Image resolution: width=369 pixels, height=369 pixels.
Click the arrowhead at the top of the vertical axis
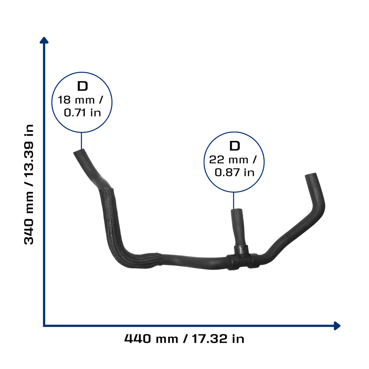[x=44, y=40]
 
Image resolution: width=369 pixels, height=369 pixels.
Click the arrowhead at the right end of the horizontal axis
[x=337, y=326]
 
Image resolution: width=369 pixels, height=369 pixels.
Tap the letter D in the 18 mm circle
[x=83, y=86]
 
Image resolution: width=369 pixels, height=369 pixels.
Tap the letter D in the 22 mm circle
[x=235, y=146]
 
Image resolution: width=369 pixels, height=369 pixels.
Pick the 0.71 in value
[x=83, y=112]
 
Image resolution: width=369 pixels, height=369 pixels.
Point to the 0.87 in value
[x=235, y=173]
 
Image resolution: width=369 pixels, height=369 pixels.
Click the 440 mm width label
[x=151, y=339]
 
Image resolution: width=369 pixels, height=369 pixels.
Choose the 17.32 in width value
[x=218, y=339]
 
